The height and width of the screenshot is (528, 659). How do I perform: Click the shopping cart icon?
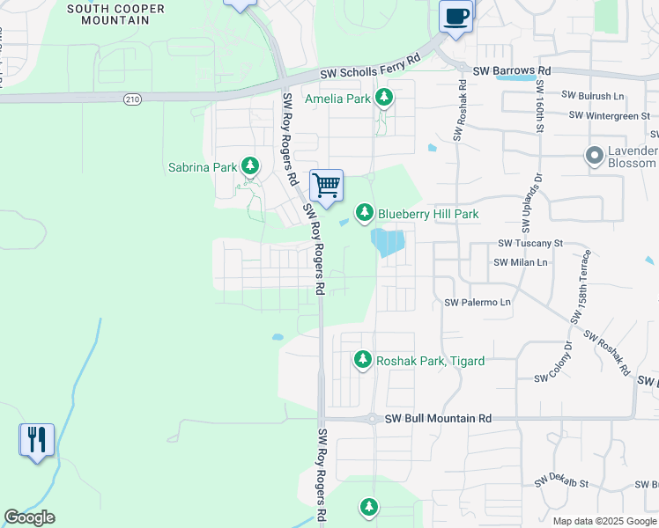pyautogui.click(x=326, y=186)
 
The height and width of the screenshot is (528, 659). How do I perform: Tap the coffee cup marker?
pyautogui.click(x=455, y=15)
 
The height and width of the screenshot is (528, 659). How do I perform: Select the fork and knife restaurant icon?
pyautogui.click(x=36, y=438)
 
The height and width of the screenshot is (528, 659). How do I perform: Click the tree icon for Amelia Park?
pyautogui.click(x=383, y=98)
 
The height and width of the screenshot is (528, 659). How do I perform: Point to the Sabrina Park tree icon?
pyautogui.click(x=251, y=165)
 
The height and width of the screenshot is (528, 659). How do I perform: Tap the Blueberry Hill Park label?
pyautogui.click(x=428, y=213)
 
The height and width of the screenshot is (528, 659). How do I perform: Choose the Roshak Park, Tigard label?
pyautogui.click(x=430, y=360)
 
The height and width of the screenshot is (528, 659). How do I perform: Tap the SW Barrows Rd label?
pyautogui.click(x=511, y=70)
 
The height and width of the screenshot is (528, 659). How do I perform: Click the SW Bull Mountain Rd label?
pyautogui.click(x=435, y=420)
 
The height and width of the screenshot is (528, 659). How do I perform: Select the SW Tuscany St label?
pyautogui.click(x=529, y=243)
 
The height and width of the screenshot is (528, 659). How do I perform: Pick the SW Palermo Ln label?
pyautogui.click(x=478, y=302)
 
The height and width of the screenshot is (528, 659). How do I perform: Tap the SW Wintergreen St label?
pyautogui.click(x=609, y=114)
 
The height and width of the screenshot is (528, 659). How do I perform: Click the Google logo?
pyautogui.click(x=29, y=517)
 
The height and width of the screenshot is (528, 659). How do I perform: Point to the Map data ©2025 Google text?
pyautogui.click(x=605, y=521)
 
